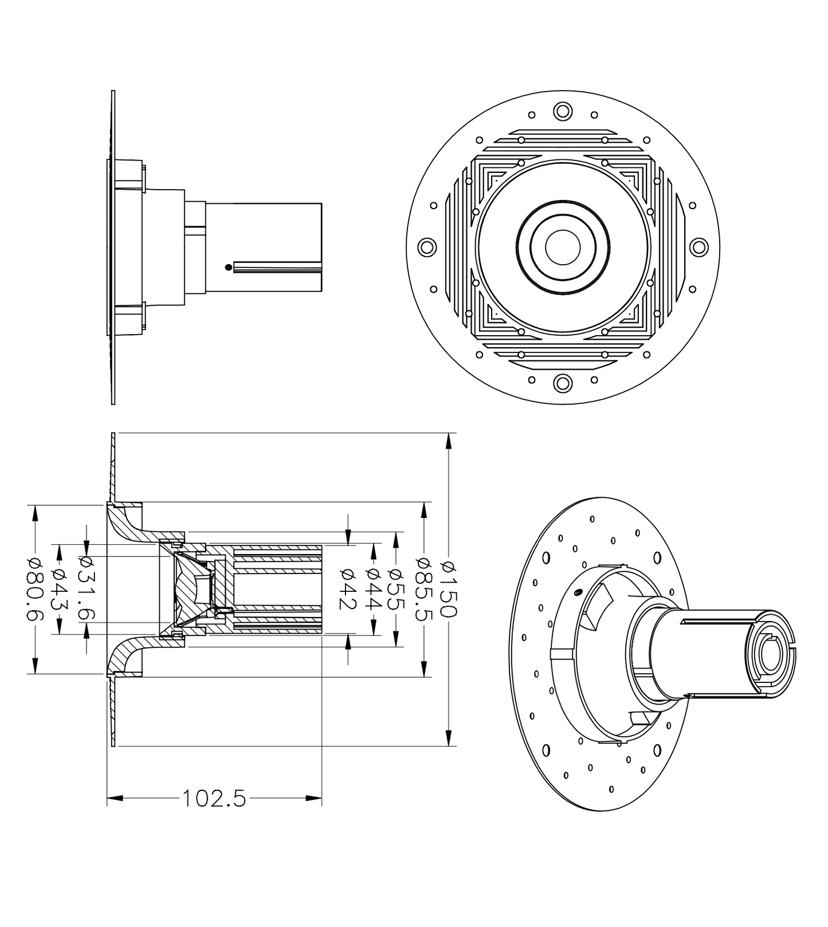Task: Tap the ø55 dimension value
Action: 395,589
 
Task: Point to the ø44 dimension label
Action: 374,589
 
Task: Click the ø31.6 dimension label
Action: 87,589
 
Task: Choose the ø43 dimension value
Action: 60,589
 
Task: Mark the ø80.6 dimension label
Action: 35,589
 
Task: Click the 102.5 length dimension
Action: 214,798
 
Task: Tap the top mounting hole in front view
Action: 563,111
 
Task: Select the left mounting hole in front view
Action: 426,248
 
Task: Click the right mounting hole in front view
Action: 698,248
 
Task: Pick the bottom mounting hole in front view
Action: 563,383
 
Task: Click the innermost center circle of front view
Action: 563,247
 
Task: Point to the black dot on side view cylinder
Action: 229,267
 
